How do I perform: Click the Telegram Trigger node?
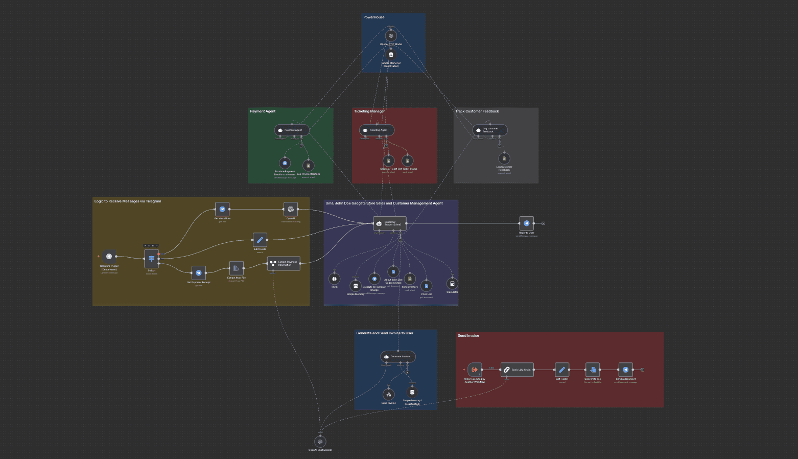109,257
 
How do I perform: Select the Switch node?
152,259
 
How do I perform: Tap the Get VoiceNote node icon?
222,209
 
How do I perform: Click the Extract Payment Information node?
284,263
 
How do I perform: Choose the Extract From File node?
236,268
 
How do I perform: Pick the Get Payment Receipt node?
199,273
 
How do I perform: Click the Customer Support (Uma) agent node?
390,223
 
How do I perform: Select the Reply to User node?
526,223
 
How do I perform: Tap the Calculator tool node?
452,284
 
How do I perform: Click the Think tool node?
334,279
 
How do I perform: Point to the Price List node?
426,286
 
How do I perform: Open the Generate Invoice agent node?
398,356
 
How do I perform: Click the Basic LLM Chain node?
517,370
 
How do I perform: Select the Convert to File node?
593,370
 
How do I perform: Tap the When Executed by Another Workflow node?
475,370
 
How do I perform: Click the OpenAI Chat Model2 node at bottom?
320,442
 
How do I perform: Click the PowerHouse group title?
374,17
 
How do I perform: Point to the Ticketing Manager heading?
369,111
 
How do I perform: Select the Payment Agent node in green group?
292,130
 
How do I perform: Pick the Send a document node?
626,370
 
